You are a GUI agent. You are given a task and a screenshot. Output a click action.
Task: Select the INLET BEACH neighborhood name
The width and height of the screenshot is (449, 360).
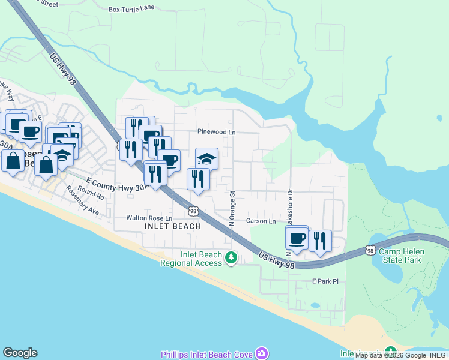pyautogui.click(x=173, y=226)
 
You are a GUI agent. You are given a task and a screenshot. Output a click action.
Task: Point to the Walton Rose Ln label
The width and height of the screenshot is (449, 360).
pyautogui.click(x=149, y=218)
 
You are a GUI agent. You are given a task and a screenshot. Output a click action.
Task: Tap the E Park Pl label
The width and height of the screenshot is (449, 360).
pyautogui.click(x=325, y=281)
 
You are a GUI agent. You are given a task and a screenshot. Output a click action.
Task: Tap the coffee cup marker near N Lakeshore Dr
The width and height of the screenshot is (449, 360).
pyautogui.click(x=297, y=238)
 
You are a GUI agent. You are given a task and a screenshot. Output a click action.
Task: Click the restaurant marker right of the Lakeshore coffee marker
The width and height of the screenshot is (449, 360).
pyautogui.click(x=320, y=241)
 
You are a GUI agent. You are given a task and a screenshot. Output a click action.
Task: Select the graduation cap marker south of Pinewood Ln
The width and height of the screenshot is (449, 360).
pyautogui.click(x=207, y=159)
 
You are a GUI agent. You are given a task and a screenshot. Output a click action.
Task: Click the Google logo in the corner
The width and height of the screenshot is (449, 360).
pyautogui.click(x=20, y=353)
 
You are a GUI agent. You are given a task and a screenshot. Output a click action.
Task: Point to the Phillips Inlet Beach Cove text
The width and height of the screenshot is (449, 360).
pyautogui.click(x=206, y=355)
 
